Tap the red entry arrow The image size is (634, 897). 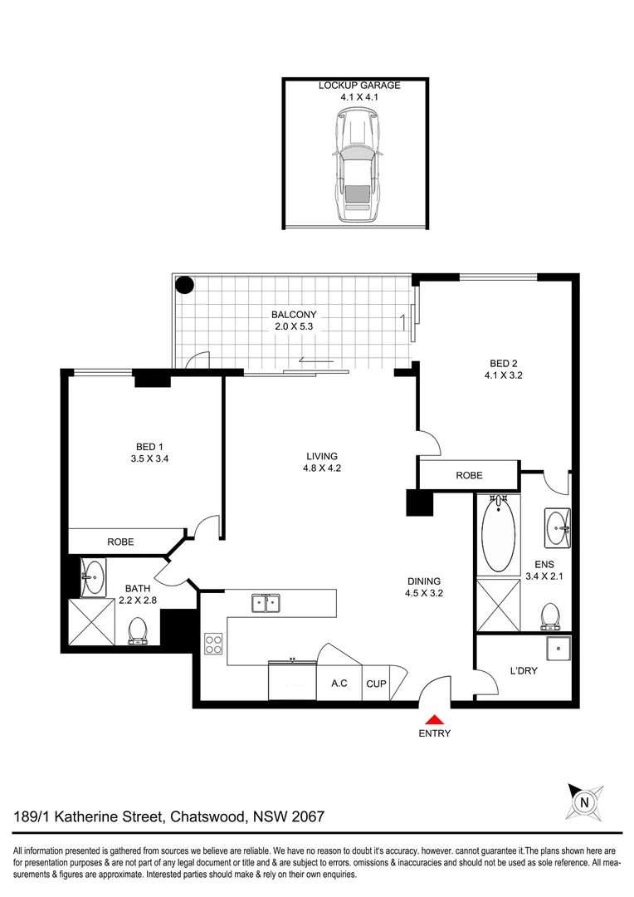pyautogui.click(x=435, y=720)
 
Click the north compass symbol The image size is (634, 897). pyautogui.click(x=585, y=802)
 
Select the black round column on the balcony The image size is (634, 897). pyautogui.click(x=184, y=286)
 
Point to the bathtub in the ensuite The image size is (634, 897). pyautogui.click(x=498, y=536)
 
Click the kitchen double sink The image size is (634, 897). pyautogui.click(x=266, y=602)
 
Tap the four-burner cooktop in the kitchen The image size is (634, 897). pyautogui.click(x=213, y=645)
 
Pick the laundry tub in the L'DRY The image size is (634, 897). pyautogui.click(x=557, y=648)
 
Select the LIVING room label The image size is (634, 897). pyautogui.click(x=322, y=456)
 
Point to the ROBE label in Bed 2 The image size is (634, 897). pyautogui.click(x=469, y=476)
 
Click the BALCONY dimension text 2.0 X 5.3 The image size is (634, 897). pyautogui.click(x=295, y=326)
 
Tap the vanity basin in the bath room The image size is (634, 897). pyautogui.click(x=93, y=572)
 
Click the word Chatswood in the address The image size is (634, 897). pyautogui.click(x=207, y=817)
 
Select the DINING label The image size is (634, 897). pyautogui.click(x=423, y=581)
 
